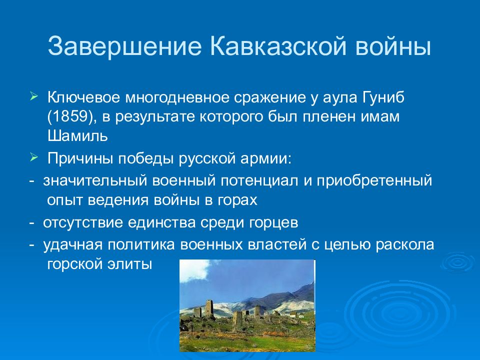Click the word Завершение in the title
[x=124, y=46]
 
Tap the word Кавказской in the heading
[x=278, y=46]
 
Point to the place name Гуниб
[x=383, y=97]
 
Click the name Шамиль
[x=78, y=136]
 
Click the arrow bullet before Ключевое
[x=33, y=96]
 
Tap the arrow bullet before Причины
[x=33, y=158]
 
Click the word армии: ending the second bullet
[x=266, y=159]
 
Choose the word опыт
[x=65, y=200]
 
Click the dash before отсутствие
[x=31, y=223]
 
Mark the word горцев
[x=273, y=223]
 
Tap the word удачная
[x=72, y=244]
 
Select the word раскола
[x=405, y=245]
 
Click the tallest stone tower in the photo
[x=209, y=308]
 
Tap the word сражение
[x=270, y=98]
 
